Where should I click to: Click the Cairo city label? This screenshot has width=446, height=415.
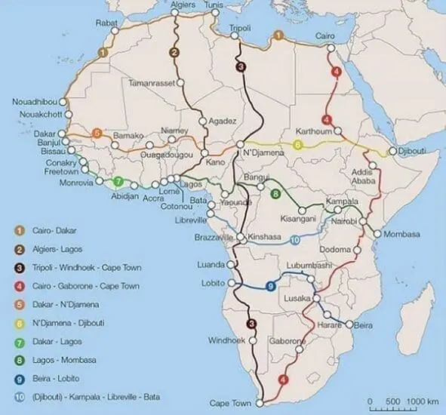pos(325,35)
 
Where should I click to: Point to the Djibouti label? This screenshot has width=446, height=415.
pos(414,152)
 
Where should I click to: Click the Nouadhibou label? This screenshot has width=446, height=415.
pos(35,101)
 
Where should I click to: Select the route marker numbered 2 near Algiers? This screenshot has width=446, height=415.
pos(174,52)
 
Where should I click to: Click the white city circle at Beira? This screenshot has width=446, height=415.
pos(349,324)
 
